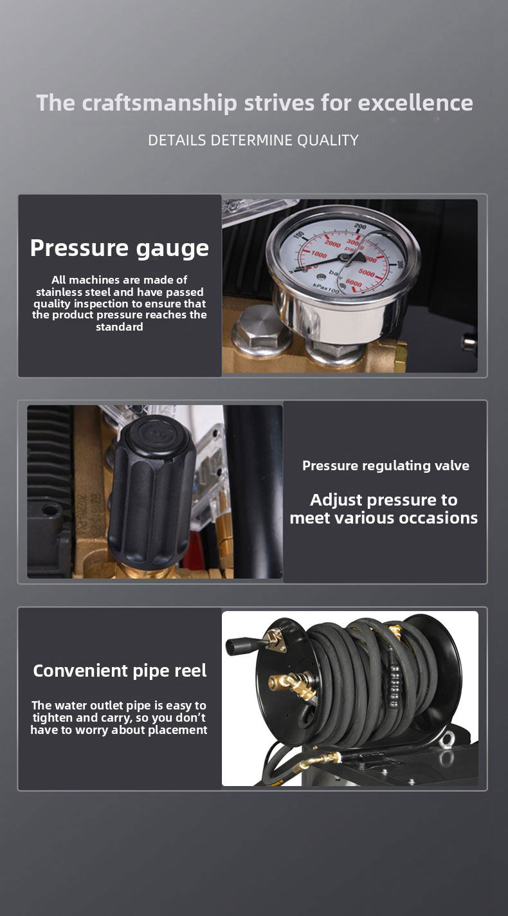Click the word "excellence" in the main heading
[x=415, y=103]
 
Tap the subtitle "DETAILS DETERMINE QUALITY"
[x=253, y=140]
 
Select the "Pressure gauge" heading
[x=120, y=249]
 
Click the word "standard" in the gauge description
[x=120, y=327]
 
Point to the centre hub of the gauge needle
[x=345, y=257]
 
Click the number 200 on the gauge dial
[x=360, y=226]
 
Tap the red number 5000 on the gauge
[x=366, y=272]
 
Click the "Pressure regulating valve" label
[x=386, y=466]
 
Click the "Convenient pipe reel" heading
[x=120, y=671]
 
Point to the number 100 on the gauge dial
[x=300, y=236]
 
